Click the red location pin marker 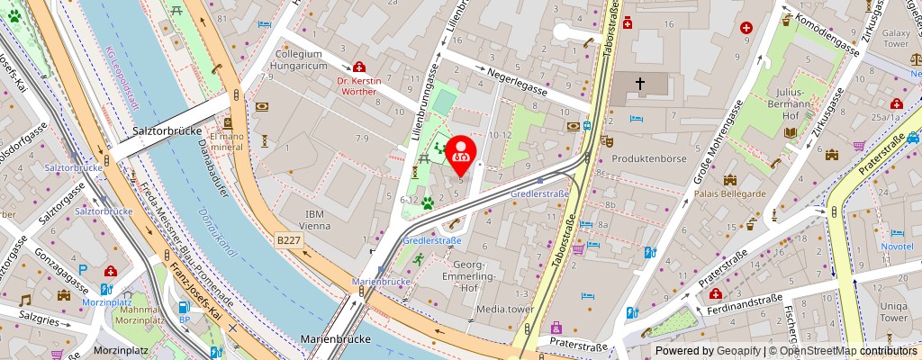coord(461,155)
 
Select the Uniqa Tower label coord(893,311)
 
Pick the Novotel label coord(897,246)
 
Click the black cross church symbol coord(640,84)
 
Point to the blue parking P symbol coord(83,269)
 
